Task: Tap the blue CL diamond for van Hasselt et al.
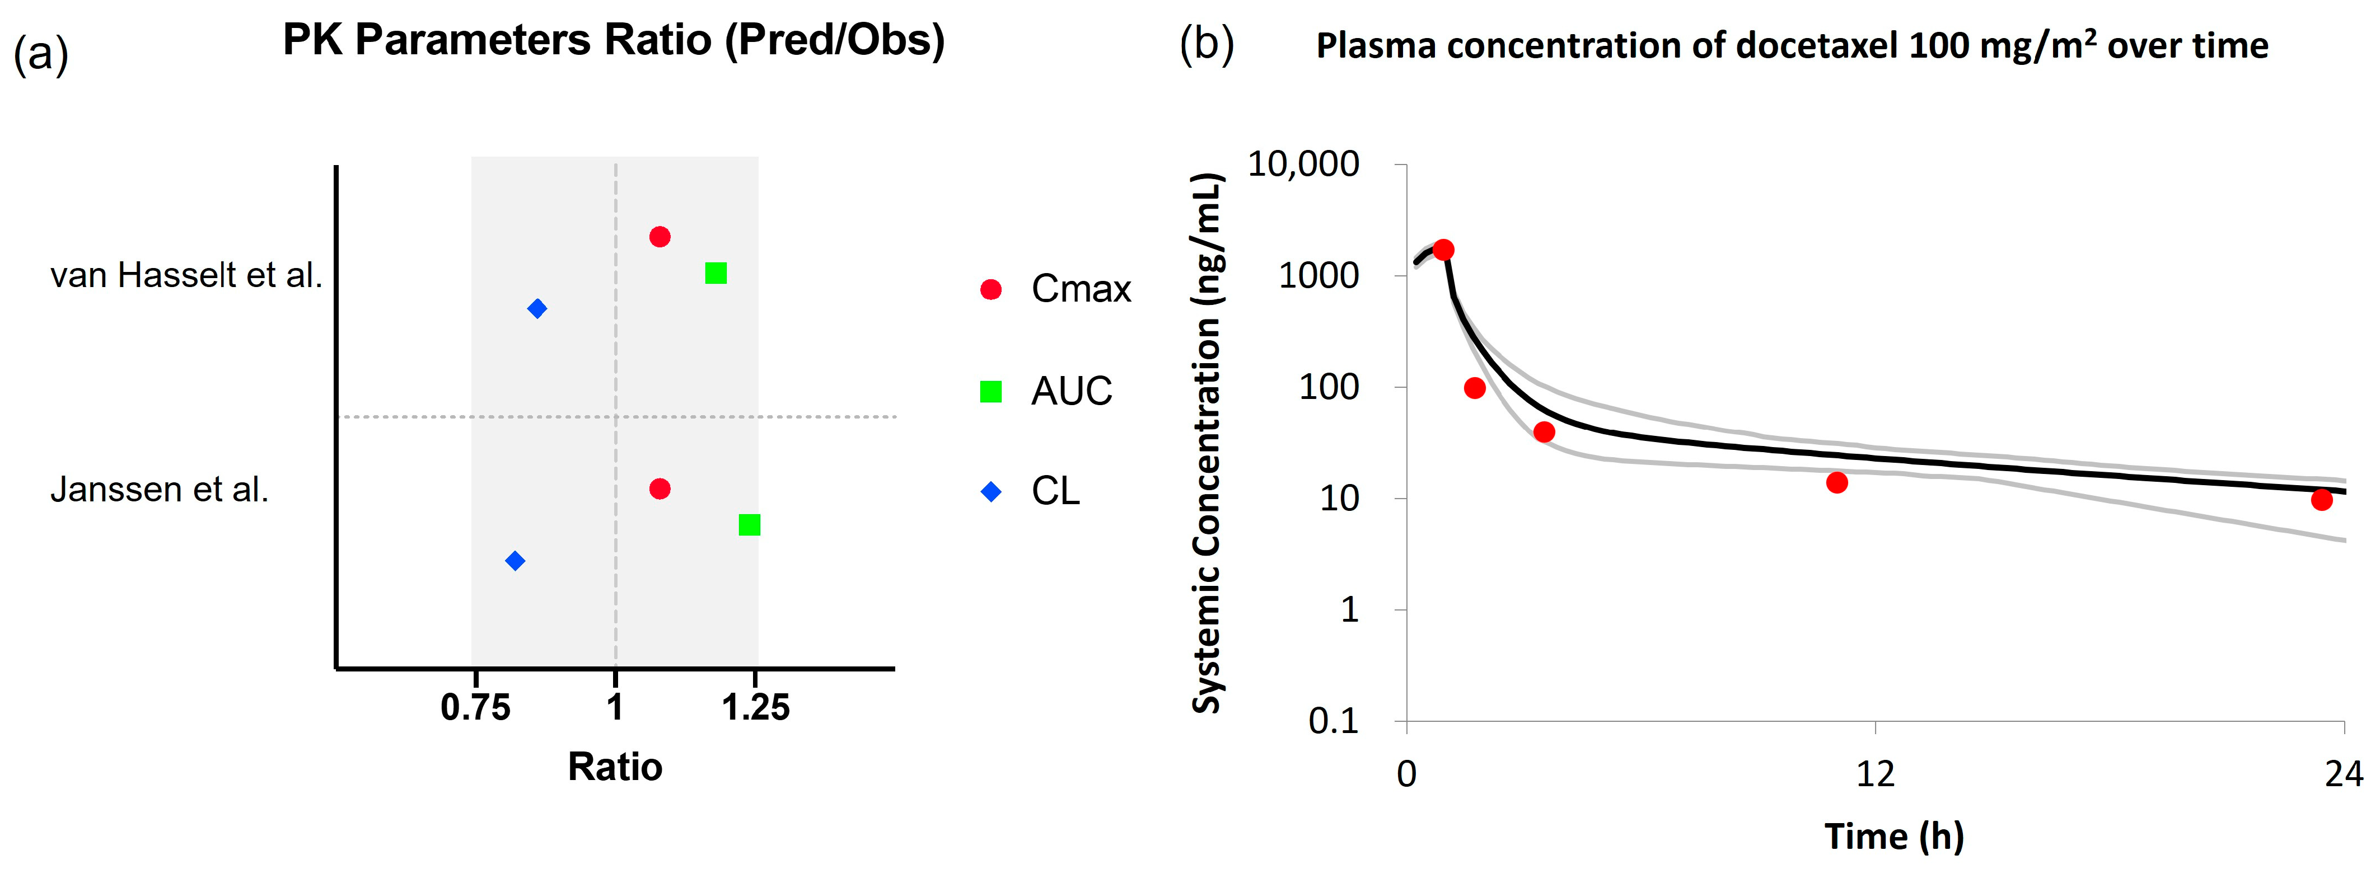(537, 308)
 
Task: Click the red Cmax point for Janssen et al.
(660, 488)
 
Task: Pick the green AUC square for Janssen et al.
(749, 524)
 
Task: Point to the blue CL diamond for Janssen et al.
(516, 561)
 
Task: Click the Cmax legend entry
(1055, 289)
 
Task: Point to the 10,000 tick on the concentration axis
(1303, 165)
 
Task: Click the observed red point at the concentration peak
(1443, 250)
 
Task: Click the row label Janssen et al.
(159, 490)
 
